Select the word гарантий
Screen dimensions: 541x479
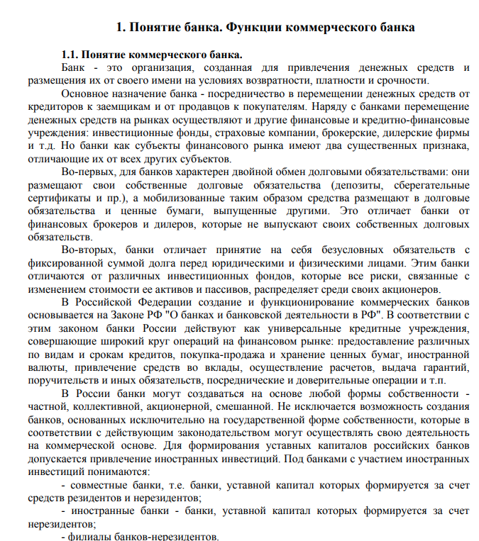click(x=445, y=367)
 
